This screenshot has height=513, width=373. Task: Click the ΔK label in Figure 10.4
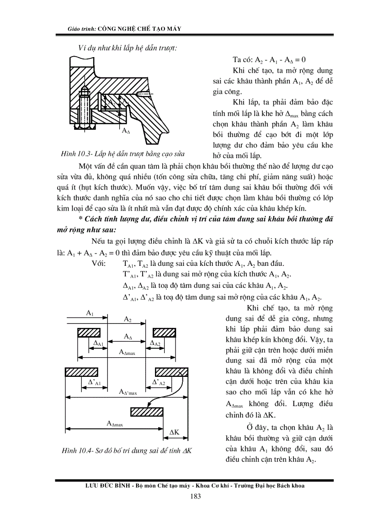point(174,432)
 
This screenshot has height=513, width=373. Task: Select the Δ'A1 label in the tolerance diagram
point(94,382)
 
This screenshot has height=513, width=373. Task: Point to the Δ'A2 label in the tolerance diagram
point(158,382)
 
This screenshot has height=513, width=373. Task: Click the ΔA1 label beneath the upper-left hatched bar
point(98,343)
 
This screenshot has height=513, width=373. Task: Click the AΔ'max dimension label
point(128,392)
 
